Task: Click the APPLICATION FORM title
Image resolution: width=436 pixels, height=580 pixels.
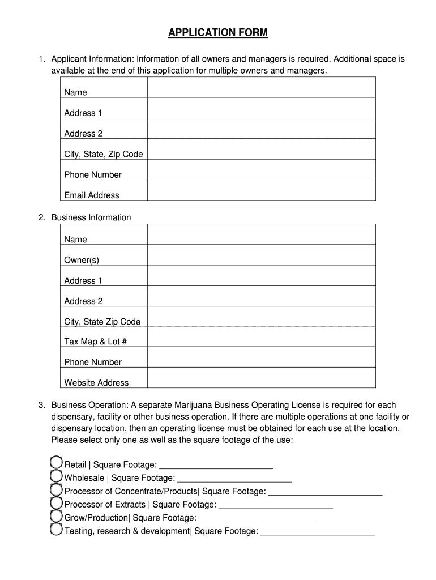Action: (218, 33)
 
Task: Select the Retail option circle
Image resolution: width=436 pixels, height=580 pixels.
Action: (56, 463)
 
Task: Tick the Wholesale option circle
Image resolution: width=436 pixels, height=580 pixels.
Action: (56, 476)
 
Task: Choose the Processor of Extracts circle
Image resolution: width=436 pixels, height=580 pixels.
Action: (56, 503)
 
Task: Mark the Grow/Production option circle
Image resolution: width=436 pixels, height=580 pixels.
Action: (56, 517)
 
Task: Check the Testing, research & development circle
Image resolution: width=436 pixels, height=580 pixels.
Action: (56, 530)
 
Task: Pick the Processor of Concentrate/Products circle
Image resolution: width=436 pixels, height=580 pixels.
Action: (56, 489)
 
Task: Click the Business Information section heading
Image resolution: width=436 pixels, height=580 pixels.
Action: (91, 217)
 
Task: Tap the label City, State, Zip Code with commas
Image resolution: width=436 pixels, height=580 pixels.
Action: (104, 154)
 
